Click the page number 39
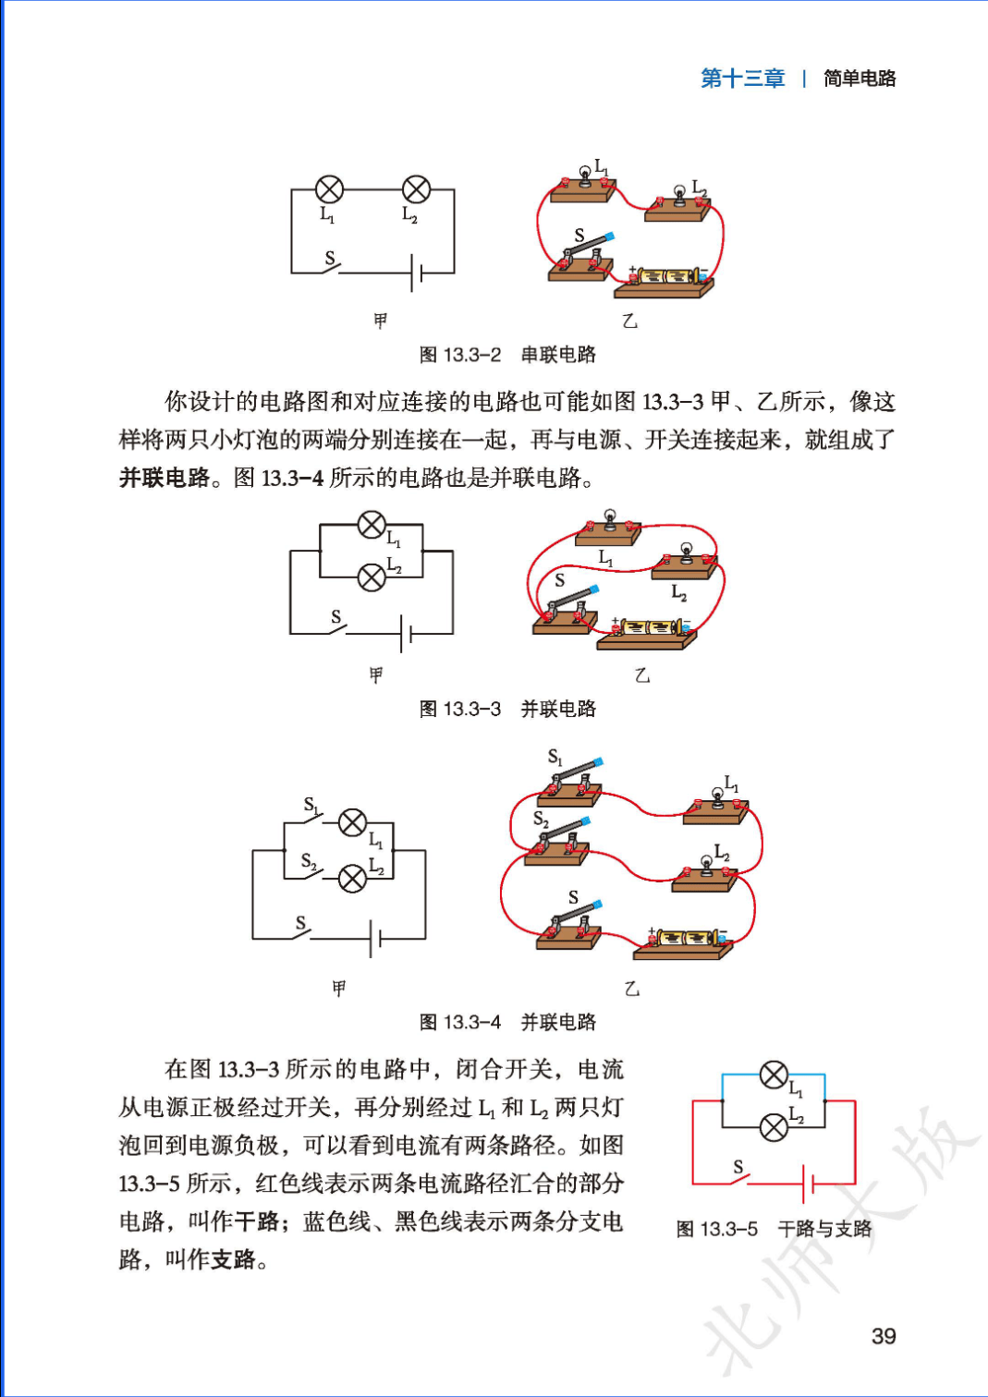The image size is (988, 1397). (x=883, y=1336)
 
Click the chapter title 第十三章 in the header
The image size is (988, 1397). (x=742, y=79)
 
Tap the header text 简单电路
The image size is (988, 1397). (x=860, y=79)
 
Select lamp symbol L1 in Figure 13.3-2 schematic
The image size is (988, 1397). (x=329, y=189)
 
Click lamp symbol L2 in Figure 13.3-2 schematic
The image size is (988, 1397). (x=416, y=189)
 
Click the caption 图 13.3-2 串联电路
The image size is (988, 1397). (x=507, y=355)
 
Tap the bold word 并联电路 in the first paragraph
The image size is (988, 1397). (x=165, y=478)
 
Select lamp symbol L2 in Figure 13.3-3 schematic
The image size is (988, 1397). (x=371, y=578)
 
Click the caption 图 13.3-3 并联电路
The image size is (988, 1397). (x=507, y=709)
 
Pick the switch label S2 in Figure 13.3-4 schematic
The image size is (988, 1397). (x=309, y=861)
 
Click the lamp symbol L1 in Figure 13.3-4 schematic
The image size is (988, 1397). (x=352, y=822)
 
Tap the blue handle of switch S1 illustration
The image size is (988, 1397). (x=598, y=762)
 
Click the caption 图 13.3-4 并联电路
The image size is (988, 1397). (x=507, y=1022)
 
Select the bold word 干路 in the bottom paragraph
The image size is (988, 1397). (x=256, y=1221)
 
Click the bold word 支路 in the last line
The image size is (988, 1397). (x=233, y=1259)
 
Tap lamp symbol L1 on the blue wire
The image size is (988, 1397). (x=773, y=1075)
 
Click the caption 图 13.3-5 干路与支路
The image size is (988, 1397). (x=774, y=1229)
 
